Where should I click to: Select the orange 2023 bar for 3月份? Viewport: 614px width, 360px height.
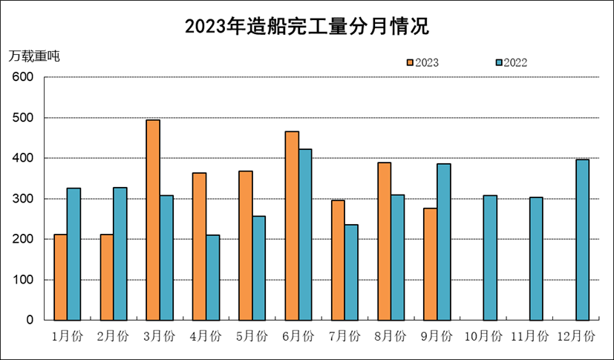[152, 220]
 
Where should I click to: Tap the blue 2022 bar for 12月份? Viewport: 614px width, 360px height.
[583, 240]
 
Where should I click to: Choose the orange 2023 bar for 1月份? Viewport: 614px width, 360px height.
[60, 277]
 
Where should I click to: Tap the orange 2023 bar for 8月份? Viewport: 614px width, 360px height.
[384, 241]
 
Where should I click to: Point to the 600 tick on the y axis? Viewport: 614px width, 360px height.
[23, 77]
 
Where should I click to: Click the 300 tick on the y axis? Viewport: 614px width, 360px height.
[23, 199]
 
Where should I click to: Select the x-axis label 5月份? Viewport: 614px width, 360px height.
[252, 336]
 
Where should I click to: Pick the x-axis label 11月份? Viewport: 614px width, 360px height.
[529, 336]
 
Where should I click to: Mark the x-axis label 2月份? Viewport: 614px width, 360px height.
[114, 336]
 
